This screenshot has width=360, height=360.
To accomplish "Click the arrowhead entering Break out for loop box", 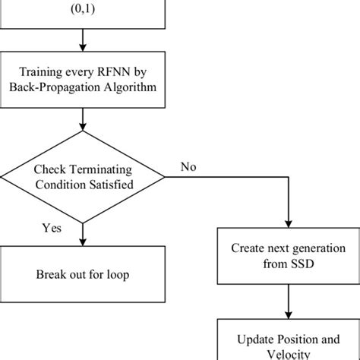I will click(x=82, y=243).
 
